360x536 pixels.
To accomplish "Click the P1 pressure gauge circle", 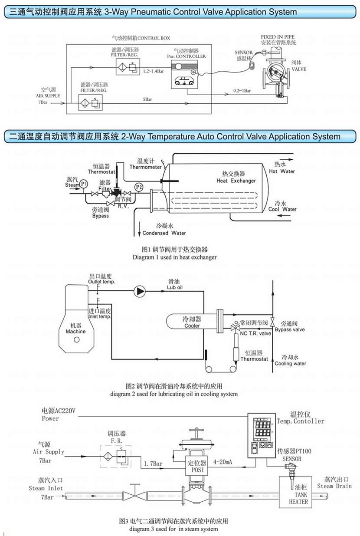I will point(84,184).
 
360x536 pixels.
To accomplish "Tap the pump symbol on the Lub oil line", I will point(140,290).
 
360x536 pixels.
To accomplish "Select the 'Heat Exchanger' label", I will point(236,181).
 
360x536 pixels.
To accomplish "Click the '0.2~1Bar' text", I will point(242,90).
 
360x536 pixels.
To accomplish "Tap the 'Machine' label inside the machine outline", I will point(75,332).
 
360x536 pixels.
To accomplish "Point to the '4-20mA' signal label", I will point(223,463).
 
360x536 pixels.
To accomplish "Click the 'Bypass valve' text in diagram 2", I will point(290,330).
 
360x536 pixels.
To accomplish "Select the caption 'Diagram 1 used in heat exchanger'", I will point(174,257).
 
